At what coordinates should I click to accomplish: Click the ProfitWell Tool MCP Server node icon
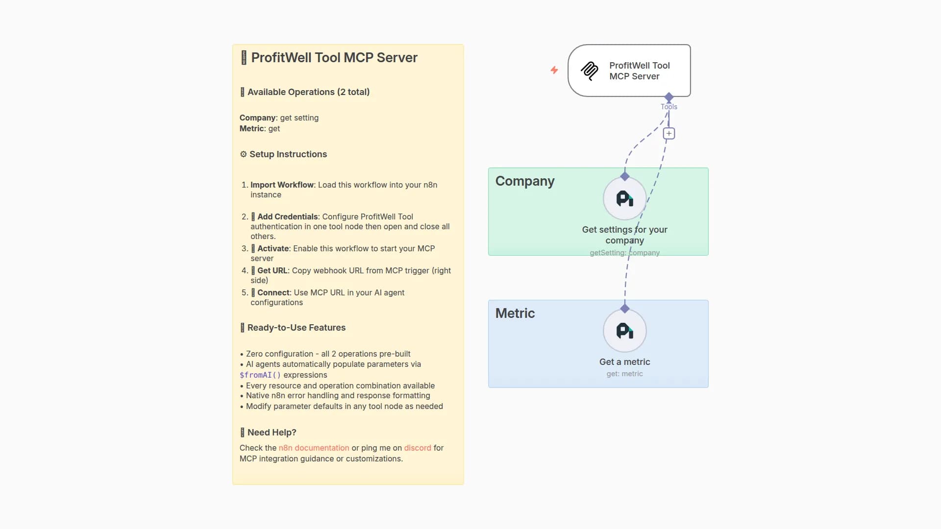coord(590,71)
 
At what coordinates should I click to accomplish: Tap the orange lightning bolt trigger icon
coord(554,70)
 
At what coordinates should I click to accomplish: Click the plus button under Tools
coord(669,133)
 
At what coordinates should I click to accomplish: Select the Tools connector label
coord(669,107)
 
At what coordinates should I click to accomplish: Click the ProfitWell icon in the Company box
coord(624,198)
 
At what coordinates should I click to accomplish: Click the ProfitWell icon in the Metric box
coord(624,331)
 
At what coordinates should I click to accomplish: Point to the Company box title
coord(525,181)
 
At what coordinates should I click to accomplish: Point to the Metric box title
coord(515,313)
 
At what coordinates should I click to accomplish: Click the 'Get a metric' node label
coord(624,362)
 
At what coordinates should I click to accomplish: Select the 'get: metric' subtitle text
coord(624,374)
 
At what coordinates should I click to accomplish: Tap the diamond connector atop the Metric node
coord(624,309)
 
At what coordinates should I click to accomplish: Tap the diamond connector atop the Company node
coord(624,176)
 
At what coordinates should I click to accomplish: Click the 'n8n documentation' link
coord(314,448)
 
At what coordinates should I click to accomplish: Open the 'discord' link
coord(417,448)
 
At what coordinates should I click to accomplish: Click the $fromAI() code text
coord(260,375)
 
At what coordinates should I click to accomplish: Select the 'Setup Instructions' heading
coord(288,154)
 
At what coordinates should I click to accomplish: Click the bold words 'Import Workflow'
coord(282,185)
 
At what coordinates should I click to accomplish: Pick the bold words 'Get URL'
coord(272,271)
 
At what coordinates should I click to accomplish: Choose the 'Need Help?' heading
coord(272,433)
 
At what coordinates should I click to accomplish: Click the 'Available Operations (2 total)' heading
coord(308,92)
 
